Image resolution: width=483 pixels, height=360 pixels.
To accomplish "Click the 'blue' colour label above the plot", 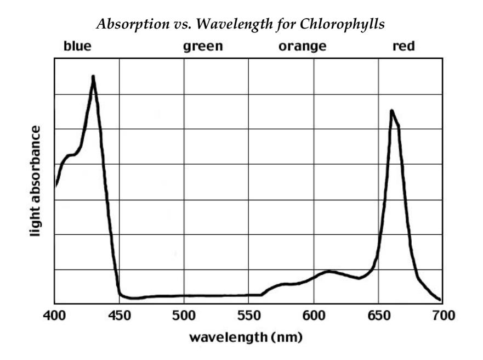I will pyautogui.click(x=77, y=46).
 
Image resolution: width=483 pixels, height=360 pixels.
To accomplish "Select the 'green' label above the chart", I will pyautogui.click(x=203, y=46).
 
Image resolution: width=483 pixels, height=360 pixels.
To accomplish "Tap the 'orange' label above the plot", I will pyautogui.click(x=302, y=46).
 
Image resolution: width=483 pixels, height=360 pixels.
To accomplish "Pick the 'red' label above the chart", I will pyautogui.click(x=404, y=46).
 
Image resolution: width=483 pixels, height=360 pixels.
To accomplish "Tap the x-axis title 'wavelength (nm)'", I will pyautogui.click(x=246, y=336).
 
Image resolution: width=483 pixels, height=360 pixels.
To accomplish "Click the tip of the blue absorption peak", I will pyautogui.click(x=93, y=77).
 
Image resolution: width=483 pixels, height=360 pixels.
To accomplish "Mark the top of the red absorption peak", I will pyautogui.click(x=391, y=111).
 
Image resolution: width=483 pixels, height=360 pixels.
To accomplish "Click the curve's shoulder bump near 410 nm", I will pyautogui.click(x=70, y=155).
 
